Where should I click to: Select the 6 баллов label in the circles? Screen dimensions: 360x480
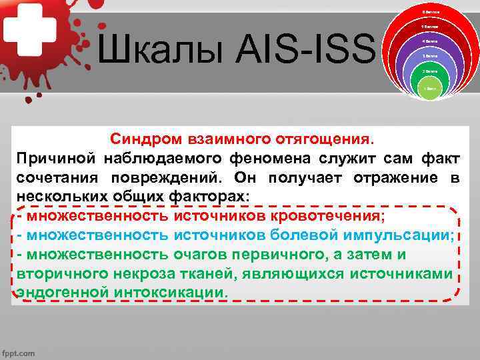point(431,13)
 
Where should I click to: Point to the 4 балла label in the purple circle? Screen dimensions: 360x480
point(431,41)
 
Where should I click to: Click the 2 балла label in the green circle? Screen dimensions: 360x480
point(431,70)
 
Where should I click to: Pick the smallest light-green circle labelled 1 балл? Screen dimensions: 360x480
point(431,88)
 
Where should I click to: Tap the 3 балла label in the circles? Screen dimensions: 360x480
point(431,56)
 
